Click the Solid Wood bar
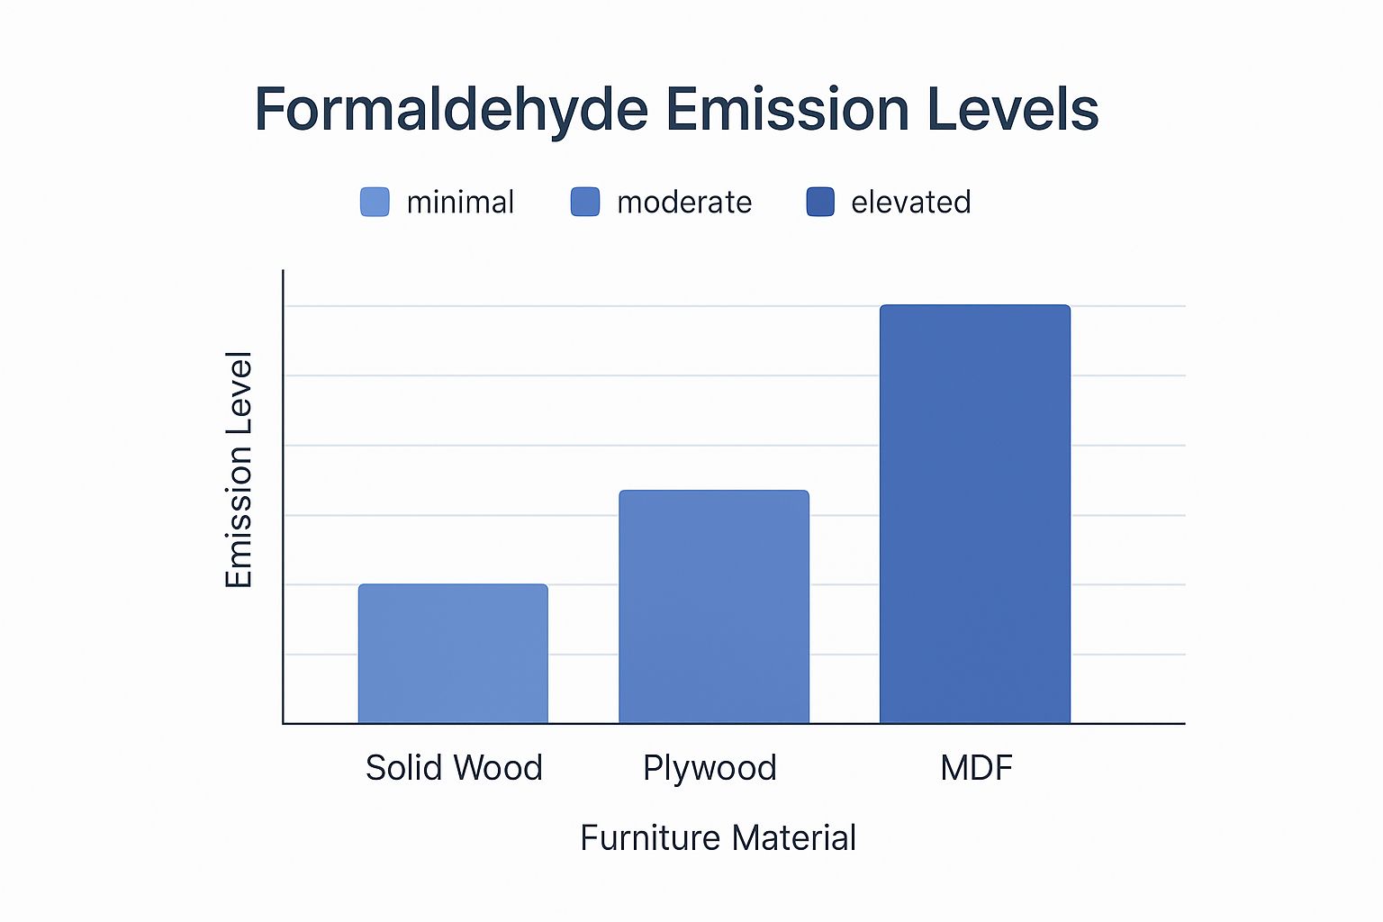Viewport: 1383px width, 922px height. coord(453,654)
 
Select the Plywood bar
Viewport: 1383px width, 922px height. coord(714,607)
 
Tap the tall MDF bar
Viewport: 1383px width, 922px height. coord(975,514)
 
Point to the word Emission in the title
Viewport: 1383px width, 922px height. coord(787,109)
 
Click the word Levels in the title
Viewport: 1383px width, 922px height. coord(1013,109)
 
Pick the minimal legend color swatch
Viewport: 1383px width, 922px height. coord(375,202)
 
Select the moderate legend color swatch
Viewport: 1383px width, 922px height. coord(585,202)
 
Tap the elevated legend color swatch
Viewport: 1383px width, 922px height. coord(820,202)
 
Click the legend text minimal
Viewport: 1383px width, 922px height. coord(460,202)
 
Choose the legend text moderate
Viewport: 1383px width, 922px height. coord(684,202)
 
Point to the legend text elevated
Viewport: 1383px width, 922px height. coord(910,202)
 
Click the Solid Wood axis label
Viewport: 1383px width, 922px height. coord(454,768)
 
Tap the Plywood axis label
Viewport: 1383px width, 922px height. coord(710,769)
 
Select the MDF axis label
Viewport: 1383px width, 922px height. coord(976,768)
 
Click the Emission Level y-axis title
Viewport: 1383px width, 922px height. coord(239,469)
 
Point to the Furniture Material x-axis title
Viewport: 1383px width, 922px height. coord(718,838)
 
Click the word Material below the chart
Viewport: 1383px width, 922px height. coord(793,838)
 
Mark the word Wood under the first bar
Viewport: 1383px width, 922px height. coord(498,768)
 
